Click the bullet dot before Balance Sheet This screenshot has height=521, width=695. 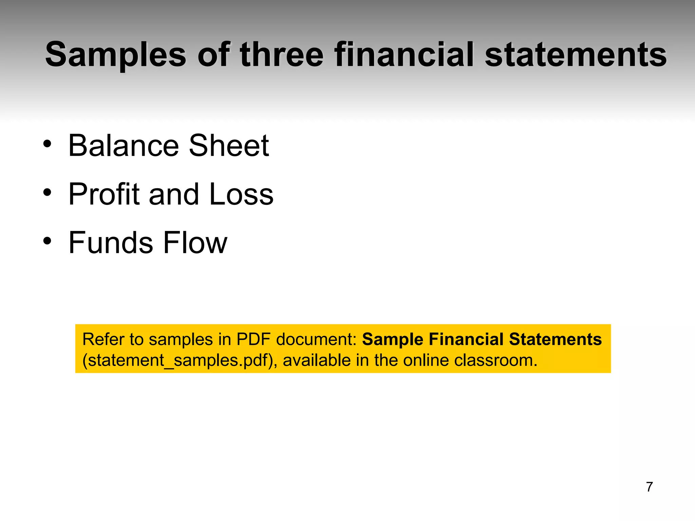47,144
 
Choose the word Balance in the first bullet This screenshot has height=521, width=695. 124,146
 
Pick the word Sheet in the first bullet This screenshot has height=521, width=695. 229,146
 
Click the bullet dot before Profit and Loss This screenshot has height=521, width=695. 47,193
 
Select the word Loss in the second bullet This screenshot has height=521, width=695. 241,194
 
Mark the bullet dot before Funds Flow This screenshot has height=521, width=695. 47,241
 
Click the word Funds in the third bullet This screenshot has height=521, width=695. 111,243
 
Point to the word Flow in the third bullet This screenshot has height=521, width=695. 195,243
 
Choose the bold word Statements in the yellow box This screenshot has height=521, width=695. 555,339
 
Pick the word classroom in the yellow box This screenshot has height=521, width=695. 495,360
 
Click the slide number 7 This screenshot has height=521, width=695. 649,487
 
